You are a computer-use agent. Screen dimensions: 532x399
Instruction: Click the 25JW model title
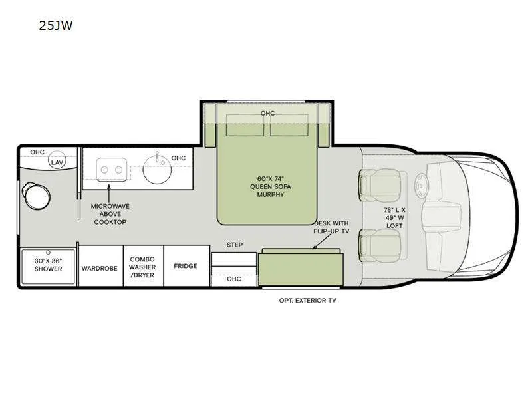click(x=55, y=26)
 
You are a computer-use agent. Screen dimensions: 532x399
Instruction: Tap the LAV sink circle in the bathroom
click(x=57, y=160)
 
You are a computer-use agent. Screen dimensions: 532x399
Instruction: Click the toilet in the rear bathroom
click(x=36, y=196)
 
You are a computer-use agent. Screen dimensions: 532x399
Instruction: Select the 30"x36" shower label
click(x=48, y=265)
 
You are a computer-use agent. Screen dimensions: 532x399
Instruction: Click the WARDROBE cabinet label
click(x=99, y=269)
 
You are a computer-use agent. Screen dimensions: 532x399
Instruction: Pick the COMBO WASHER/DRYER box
click(x=143, y=266)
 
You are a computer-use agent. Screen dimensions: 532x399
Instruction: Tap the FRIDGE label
click(x=186, y=266)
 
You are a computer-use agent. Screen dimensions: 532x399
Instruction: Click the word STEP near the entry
click(x=235, y=245)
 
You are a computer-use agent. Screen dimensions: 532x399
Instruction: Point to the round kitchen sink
click(x=157, y=169)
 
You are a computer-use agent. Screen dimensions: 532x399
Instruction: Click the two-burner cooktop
click(x=112, y=170)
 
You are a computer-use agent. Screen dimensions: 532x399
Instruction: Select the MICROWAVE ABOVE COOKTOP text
click(x=110, y=214)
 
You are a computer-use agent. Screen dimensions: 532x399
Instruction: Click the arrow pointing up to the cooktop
click(x=109, y=193)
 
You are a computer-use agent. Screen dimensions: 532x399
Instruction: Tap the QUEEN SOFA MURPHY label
click(x=271, y=187)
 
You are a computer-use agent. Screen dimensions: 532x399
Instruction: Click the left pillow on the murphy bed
click(x=245, y=125)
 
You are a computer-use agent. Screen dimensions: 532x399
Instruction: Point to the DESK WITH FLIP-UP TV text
click(x=331, y=227)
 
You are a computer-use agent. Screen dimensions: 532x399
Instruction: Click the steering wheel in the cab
click(x=421, y=186)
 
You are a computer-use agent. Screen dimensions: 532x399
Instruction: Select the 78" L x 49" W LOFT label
click(x=394, y=218)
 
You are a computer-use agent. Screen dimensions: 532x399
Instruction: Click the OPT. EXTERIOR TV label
click(x=307, y=301)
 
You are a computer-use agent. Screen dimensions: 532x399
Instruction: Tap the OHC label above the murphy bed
click(x=268, y=113)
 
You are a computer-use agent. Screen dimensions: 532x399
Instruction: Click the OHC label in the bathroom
click(x=37, y=152)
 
